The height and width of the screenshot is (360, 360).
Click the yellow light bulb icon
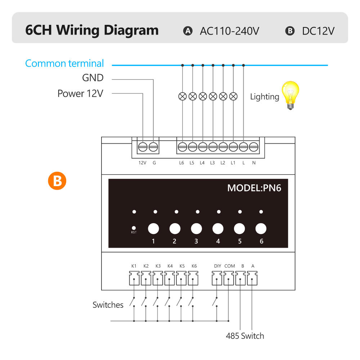(x=291, y=95)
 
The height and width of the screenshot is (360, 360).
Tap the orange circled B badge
(x=57, y=181)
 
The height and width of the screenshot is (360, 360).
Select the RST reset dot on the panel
(x=134, y=228)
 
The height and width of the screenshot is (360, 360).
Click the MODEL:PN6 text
(x=254, y=188)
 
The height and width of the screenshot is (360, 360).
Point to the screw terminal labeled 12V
(x=143, y=147)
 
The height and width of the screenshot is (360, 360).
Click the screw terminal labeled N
(x=253, y=147)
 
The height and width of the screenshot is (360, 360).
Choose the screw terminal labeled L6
(x=183, y=147)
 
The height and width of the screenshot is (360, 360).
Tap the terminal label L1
(x=233, y=163)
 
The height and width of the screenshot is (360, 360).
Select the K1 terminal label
(x=134, y=266)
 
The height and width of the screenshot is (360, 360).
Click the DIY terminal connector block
(x=217, y=278)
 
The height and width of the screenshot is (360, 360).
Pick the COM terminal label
(x=230, y=266)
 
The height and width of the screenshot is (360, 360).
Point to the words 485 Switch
(x=245, y=336)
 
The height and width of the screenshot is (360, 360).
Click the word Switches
(x=108, y=305)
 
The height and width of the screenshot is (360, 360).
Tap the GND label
(x=93, y=78)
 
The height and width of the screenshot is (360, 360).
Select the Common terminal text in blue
(x=64, y=63)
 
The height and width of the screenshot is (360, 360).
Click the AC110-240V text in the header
(x=229, y=31)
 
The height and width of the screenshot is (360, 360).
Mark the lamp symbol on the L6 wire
(x=183, y=96)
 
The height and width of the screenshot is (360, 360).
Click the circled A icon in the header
(x=188, y=31)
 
